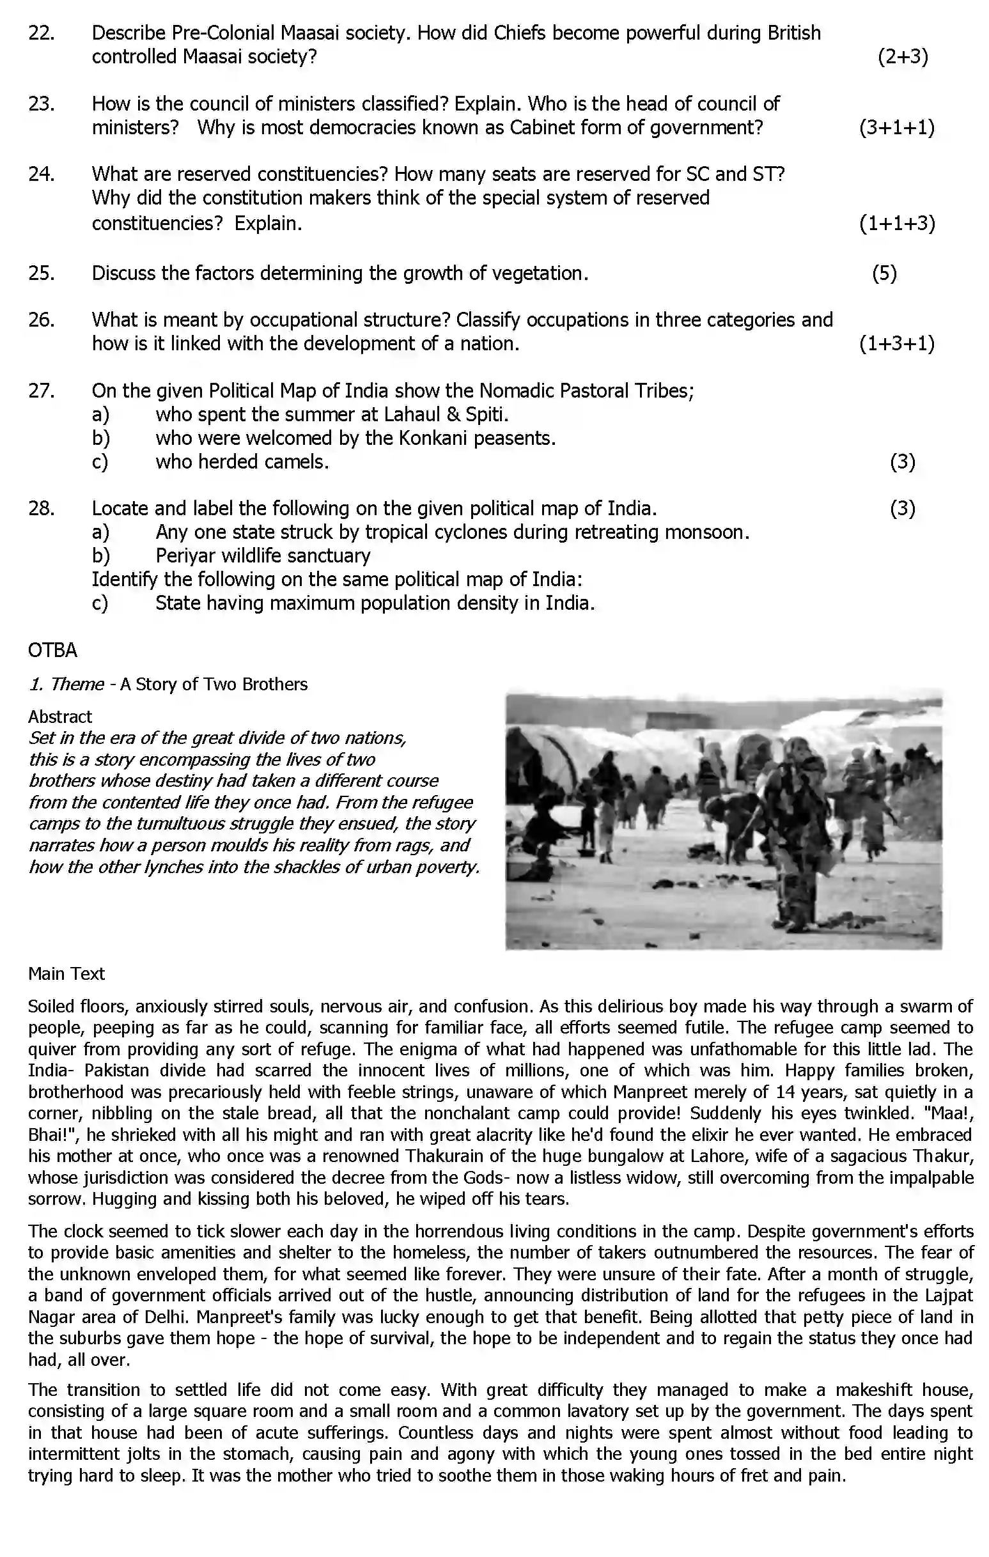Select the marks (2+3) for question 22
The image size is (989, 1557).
902,57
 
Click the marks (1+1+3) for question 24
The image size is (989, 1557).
896,224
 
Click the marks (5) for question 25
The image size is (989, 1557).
884,274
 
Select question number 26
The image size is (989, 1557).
41,320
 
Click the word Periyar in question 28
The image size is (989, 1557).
186,556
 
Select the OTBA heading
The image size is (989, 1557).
52,651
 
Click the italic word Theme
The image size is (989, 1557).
77,684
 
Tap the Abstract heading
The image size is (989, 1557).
59,717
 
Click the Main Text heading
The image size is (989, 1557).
66,974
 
